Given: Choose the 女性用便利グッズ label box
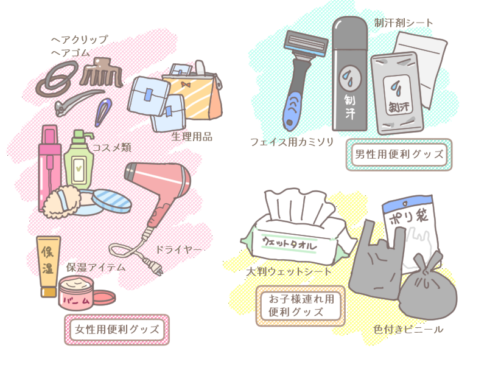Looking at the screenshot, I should (116, 330).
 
